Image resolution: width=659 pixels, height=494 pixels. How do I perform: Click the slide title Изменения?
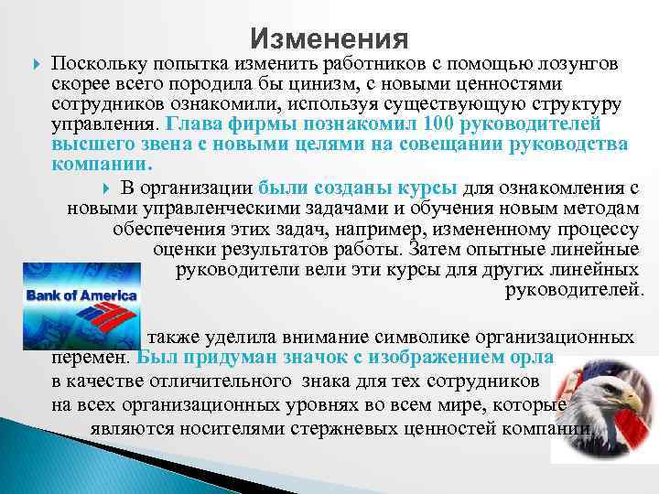329,38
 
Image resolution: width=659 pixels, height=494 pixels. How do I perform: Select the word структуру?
579,105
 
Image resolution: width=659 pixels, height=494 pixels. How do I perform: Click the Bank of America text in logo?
81,295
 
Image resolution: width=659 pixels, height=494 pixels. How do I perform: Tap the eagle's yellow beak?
637,403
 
